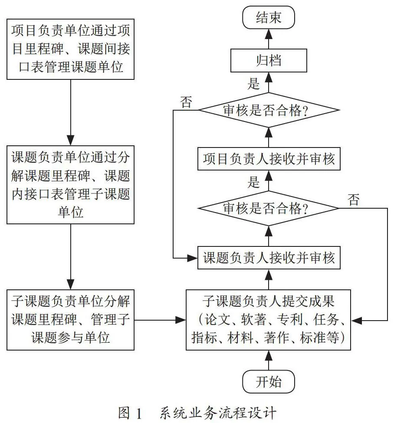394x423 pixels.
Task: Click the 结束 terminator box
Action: pyautogui.click(x=269, y=17)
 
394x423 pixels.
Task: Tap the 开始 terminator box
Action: pyautogui.click(x=269, y=382)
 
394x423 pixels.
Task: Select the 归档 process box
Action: pyautogui.click(x=269, y=60)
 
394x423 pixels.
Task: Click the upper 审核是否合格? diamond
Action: pyautogui.click(x=269, y=110)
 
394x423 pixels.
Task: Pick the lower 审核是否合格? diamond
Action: pyautogui.click(x=269, y=208)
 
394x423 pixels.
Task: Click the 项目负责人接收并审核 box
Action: pyautogui.click(x=269, y=159)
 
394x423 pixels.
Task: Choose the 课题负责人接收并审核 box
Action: pyautogui.click(x=269, y=258)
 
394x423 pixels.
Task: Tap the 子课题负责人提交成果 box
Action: pyautogui.click(x=269, y=320)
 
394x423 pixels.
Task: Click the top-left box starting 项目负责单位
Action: pyautogui.click(x=70, y=49)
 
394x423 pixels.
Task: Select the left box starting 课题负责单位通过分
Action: pyautogui.click(x=70, y=185)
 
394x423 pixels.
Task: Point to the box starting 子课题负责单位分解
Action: pyautogui.click(x=70, y=320)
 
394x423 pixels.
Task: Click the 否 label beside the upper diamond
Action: pyautogui.click(x=186, y=102)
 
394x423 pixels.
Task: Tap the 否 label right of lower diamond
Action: pyautogui.click(x=354, y=200)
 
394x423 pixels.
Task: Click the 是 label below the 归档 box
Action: pyautogui.click(x=253, y=84)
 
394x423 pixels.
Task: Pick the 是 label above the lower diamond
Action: pyautogui.click(x=253, y=182)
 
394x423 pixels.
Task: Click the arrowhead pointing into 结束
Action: pyautogui.click(x=269, y=34)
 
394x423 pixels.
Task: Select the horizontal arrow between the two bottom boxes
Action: pyautogui.click(x=160, y=320)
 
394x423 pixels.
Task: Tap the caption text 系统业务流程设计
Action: pyautogui.click(x=218, y=413)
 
